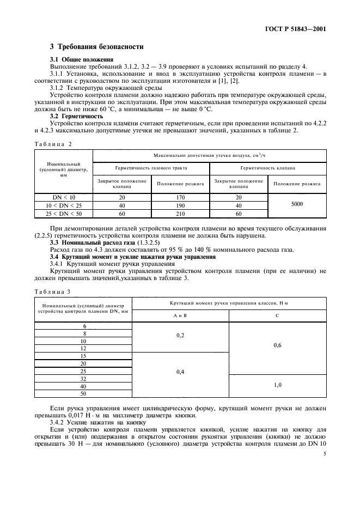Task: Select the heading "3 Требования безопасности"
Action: click(97, 47)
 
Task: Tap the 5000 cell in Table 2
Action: click(296, 203)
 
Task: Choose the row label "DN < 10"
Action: click(64, 198)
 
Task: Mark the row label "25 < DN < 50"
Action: click(64, 214)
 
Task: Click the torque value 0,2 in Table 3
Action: click(180, 336)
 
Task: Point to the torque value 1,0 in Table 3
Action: click(278, 385)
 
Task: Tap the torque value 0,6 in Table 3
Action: click(278, 344)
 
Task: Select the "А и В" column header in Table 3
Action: click(180, 315)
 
